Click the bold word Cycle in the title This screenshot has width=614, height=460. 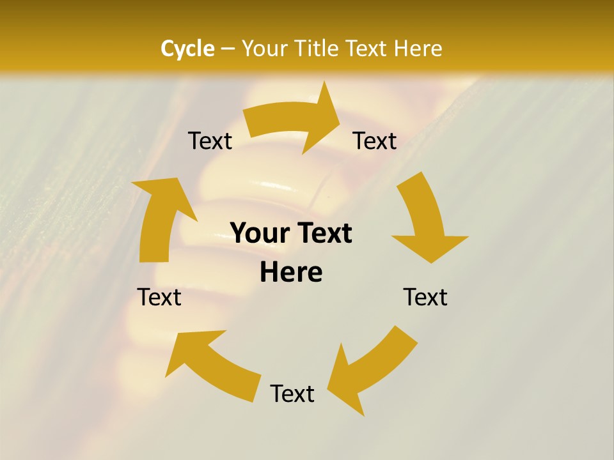pos(187,49)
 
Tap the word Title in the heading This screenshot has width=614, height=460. pos(318,49)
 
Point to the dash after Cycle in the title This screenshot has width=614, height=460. pos(227,49)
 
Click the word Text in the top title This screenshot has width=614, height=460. pos(368,49)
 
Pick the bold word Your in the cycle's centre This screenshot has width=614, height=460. pos(258,233)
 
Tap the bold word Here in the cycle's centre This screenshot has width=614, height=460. pos(291,273)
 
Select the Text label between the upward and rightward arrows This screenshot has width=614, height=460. pos(210,141)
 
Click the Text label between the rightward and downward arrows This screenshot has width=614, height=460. pos(375,141)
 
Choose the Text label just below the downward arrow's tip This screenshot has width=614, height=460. pos(425,297)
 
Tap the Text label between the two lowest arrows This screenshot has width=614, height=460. pos(292,394)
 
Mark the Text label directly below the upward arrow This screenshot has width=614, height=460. pos(159,297)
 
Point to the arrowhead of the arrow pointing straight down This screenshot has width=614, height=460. pos(430,247)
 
